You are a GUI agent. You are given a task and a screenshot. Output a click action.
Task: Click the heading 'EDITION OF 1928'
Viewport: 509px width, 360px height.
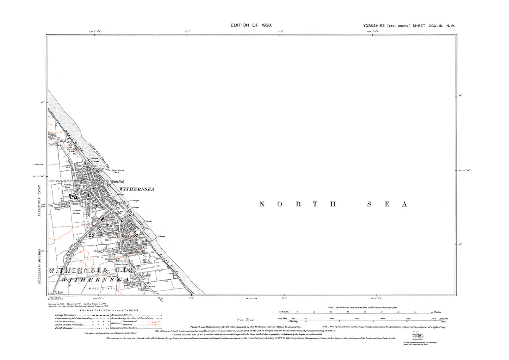(x=251, y=25)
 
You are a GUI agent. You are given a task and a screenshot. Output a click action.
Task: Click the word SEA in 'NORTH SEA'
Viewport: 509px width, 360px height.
(x=387, y=204)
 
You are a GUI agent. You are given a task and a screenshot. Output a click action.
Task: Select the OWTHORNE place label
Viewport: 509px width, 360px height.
(x=61, y=181)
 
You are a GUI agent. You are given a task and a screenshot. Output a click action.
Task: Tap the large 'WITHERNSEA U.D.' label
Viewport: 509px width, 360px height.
(x=89, y=271)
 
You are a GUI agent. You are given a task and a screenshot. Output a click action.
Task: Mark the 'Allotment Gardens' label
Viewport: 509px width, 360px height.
(x=77, y=212)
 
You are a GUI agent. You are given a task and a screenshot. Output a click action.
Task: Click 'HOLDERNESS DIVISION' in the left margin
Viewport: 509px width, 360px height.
(x=40, y=266)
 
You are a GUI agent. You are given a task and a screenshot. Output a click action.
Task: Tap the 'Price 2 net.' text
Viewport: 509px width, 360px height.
(x=246, y=320)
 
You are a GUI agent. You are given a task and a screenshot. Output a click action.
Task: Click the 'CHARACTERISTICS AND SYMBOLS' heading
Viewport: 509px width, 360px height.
(x=109, y=310)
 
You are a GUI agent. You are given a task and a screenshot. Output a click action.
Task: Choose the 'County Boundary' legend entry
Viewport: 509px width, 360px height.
(x=66, y=315)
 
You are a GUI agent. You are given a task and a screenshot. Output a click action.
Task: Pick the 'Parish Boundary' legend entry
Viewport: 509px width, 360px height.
(x=64, y=328)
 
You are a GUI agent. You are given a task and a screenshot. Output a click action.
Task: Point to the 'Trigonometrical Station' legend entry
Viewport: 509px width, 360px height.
(x=124, y=328)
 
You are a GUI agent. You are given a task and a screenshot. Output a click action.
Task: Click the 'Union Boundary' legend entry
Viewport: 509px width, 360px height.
(x=64, y=322)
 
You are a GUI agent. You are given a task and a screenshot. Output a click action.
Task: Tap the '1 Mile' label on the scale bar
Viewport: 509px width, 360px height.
(x=443, y=322)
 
